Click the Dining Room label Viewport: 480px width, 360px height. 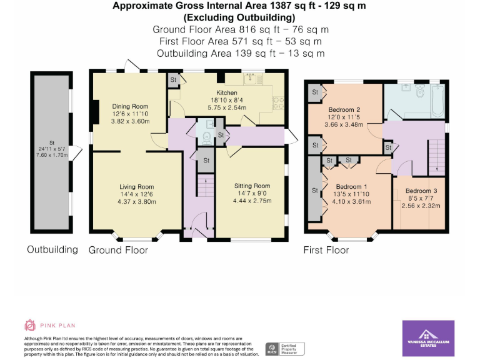pos(130,106)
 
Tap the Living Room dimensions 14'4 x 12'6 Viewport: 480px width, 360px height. pos(136,194)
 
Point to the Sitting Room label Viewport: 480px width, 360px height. pos(252,186)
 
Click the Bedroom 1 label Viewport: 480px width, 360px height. pos(351,187)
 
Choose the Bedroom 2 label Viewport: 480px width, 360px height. pos(344,109)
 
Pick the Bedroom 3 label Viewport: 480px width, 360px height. pos(421,191)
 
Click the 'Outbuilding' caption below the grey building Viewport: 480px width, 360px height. pos(52,249)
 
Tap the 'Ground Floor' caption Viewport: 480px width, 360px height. pos(118,250)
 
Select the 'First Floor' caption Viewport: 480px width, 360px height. pos(326,250)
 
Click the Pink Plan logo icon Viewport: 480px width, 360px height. pos(30,325)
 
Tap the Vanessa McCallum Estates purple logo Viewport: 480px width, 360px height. pos(427,338)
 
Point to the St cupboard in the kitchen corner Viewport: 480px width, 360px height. pos(173,80)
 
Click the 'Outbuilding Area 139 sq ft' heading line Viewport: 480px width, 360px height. pos(241,54)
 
